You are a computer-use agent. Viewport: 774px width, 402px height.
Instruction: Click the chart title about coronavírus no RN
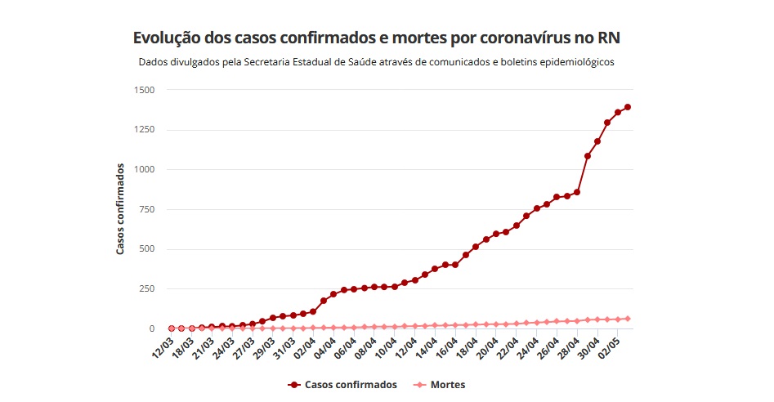[x=382, y=38]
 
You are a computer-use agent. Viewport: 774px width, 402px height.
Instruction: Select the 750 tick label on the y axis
[x=145, y=209]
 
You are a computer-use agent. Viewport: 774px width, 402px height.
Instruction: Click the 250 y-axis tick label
[x=145, y=289]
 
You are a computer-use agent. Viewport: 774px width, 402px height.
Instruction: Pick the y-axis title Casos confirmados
[x=120, y=209]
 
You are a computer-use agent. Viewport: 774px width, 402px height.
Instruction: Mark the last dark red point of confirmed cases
[x=628, y=107]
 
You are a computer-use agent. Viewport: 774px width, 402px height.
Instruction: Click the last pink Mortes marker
[x=628, y=319]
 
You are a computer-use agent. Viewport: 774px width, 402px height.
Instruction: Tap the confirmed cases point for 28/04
[x=577, y=192]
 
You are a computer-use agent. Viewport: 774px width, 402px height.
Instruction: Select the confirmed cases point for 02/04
[x=313, y=311]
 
